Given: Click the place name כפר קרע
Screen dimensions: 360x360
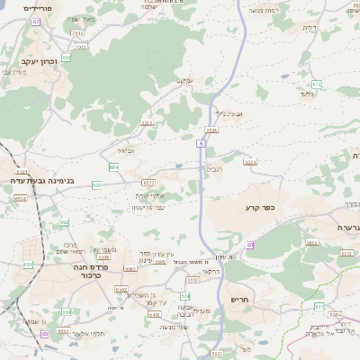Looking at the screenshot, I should tap(258, 208).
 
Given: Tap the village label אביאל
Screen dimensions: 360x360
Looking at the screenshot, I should tap(125, 151).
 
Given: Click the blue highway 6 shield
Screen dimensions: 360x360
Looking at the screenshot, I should tap(202, 144).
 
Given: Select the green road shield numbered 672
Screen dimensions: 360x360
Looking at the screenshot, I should tap(317, 85).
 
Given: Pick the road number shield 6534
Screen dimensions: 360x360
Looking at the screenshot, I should tap(250, 163).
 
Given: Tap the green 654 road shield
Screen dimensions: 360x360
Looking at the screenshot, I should tap(113, 167).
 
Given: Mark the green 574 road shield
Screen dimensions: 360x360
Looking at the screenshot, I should tap(185, 295).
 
